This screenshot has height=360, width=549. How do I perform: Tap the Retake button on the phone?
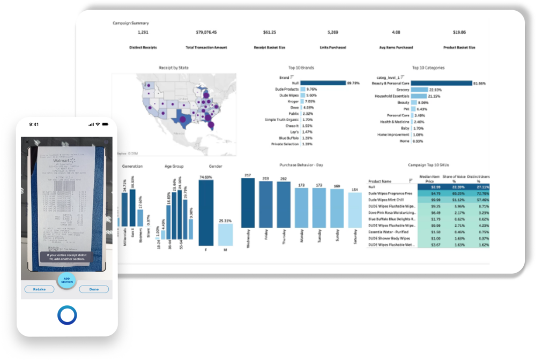(x=39, y=289)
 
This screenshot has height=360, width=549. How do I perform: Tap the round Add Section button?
(x=66, y=280)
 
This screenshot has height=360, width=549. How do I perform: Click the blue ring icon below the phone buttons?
(x=67, y=315)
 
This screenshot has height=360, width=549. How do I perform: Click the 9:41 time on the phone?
(x=34, y=124)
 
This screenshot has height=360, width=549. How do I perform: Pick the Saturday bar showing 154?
(x=354, y=210)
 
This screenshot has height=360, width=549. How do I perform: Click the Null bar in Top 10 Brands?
(x=323, y=83)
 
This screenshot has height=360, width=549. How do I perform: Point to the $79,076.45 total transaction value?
(x=201, y=32)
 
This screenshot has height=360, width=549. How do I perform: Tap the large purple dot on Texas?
(x=182, y=119)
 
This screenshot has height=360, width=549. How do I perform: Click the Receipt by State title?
(x=174, y=68)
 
